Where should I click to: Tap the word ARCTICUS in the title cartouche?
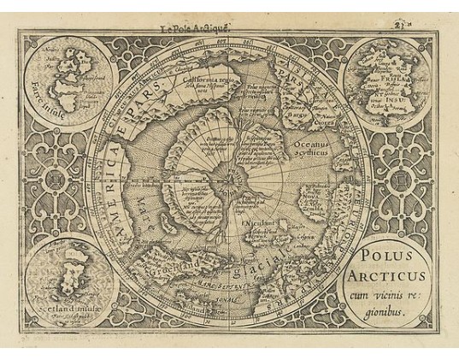(383, 275)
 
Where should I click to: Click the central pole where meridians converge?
(229, 179)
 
